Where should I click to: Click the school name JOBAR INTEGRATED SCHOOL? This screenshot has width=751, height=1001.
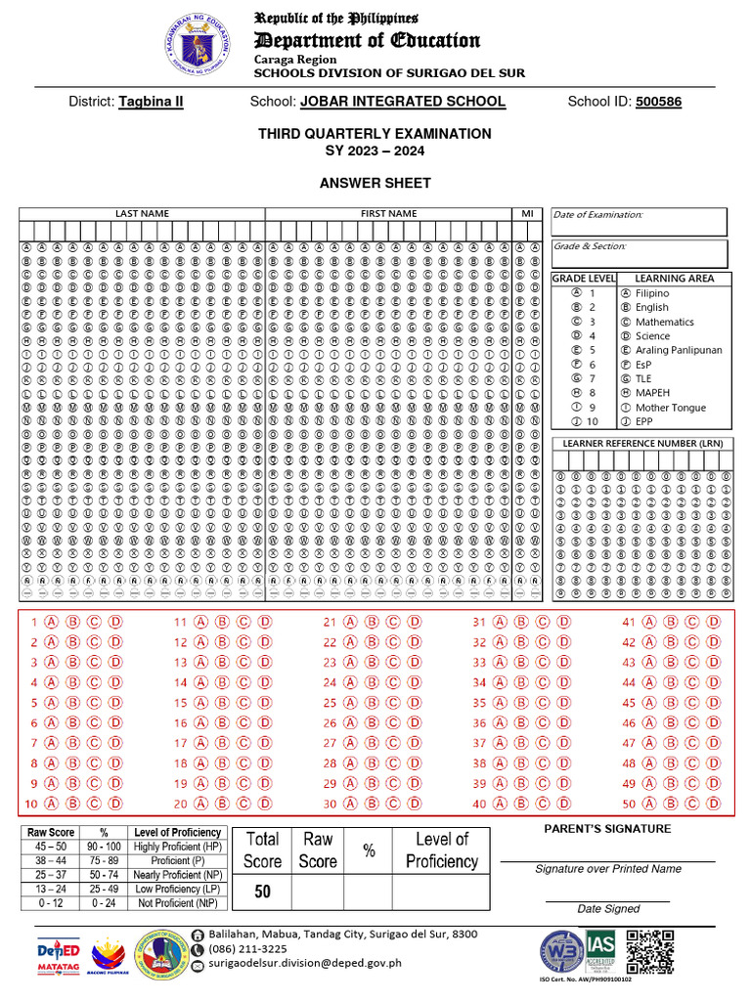tap(402, 102)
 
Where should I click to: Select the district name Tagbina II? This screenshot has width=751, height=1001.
tap(151, 102)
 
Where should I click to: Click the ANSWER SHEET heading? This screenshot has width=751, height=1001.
tap(375, 183)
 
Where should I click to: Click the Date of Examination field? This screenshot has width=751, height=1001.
tap(639, 222)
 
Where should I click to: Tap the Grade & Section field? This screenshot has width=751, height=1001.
tap(639, 254)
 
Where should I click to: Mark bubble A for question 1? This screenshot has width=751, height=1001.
tap(48, 622)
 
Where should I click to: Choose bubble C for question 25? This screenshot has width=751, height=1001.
tap(392, 703)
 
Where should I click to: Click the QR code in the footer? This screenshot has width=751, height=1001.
tap(650, 951)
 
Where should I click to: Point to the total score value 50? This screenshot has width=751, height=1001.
tap(263, 892)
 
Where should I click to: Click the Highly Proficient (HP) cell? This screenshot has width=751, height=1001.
tap(177, 846)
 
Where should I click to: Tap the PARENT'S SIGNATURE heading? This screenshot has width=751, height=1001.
tap(607, 829)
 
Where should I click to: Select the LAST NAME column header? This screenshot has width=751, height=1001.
tap(142, 213)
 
